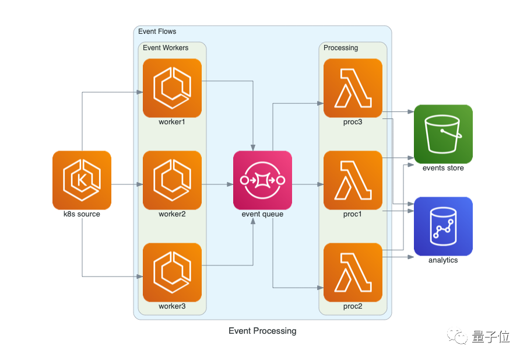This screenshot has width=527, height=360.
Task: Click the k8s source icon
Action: click(82, 180)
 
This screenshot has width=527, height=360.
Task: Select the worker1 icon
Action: click(172, 88)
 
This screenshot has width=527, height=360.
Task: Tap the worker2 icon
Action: click(172, 180)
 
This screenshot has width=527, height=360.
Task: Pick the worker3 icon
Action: click(172, 272)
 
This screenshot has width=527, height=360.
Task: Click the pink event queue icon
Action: click(262, 180)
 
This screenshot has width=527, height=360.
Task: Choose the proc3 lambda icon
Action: click(353, 88)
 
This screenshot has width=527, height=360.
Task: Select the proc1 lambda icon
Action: click(353, 180)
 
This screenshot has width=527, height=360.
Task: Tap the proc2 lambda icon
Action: click(353, 272)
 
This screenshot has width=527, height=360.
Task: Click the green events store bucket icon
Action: click(443, 134)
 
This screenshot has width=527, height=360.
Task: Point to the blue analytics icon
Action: click(443, 226)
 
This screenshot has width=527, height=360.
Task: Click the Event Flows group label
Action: click(157, 32)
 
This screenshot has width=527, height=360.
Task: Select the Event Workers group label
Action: click(166, 48)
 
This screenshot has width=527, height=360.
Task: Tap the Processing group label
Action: click(340, 48)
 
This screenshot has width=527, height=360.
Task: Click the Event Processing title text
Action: click(262, 331)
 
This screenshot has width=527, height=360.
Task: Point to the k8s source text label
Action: click(82, 214)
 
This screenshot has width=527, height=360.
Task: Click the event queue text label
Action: click(262, 214)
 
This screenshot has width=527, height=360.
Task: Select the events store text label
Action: click(443, 168)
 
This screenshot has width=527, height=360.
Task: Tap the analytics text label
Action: click(443, 260)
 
